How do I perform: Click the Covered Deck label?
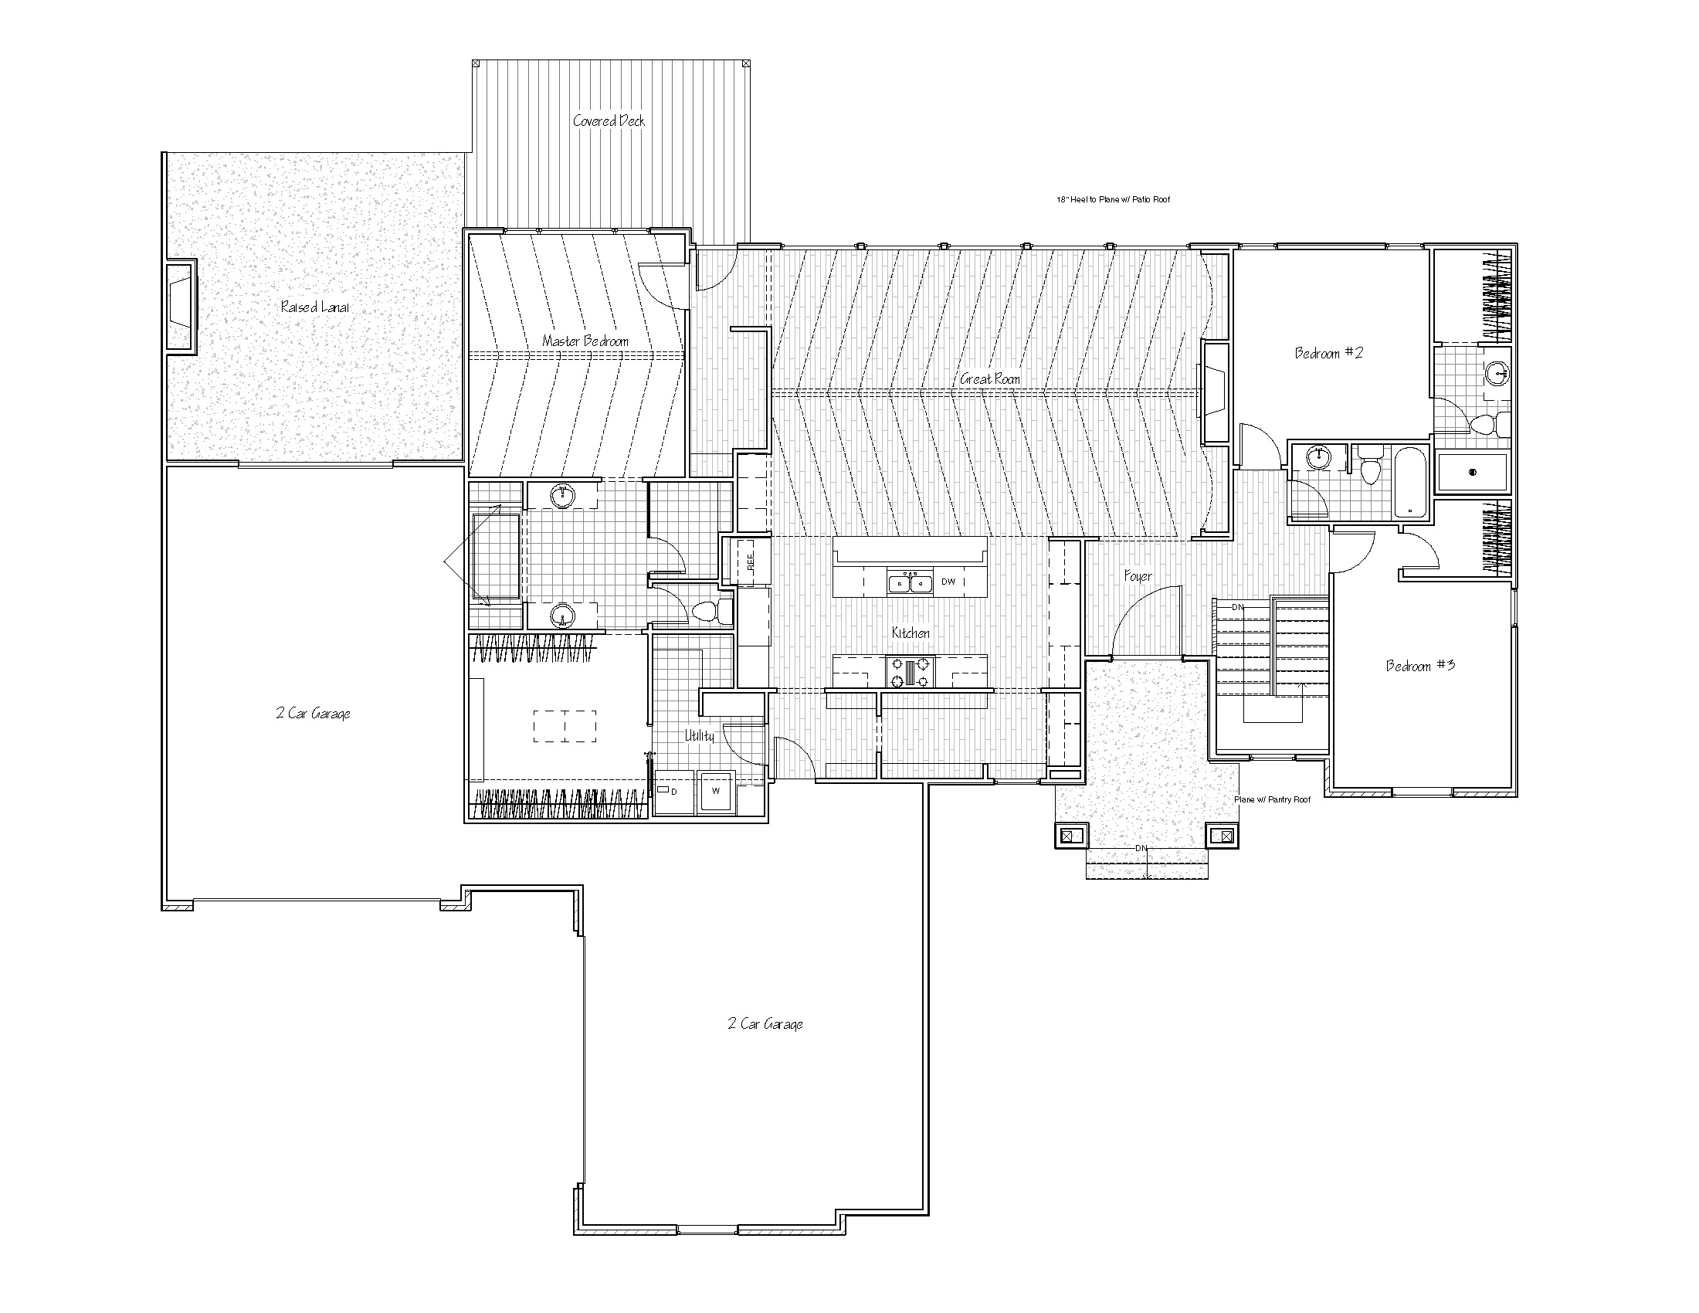point(609,120)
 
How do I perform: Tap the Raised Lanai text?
point(315,307)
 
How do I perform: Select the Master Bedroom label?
point(585,341)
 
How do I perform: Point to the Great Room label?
point(989,378)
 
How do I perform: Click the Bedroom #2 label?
point(1329,353)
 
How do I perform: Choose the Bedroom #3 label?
point(1420,666)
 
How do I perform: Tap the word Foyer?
point(1138,576)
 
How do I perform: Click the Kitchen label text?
point(911,633)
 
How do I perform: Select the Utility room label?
point(699,735)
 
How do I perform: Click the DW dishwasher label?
point(948,582)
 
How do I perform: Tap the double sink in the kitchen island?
point(911,582)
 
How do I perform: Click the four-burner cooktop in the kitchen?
point(911,672)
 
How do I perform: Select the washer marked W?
point(716,792)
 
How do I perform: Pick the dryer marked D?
point(671,792)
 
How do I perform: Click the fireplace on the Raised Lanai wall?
point(181,306)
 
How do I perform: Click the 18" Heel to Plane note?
point(1113,200)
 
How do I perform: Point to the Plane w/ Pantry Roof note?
point(1273,799)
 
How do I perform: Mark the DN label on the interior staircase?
point(1238,607)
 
